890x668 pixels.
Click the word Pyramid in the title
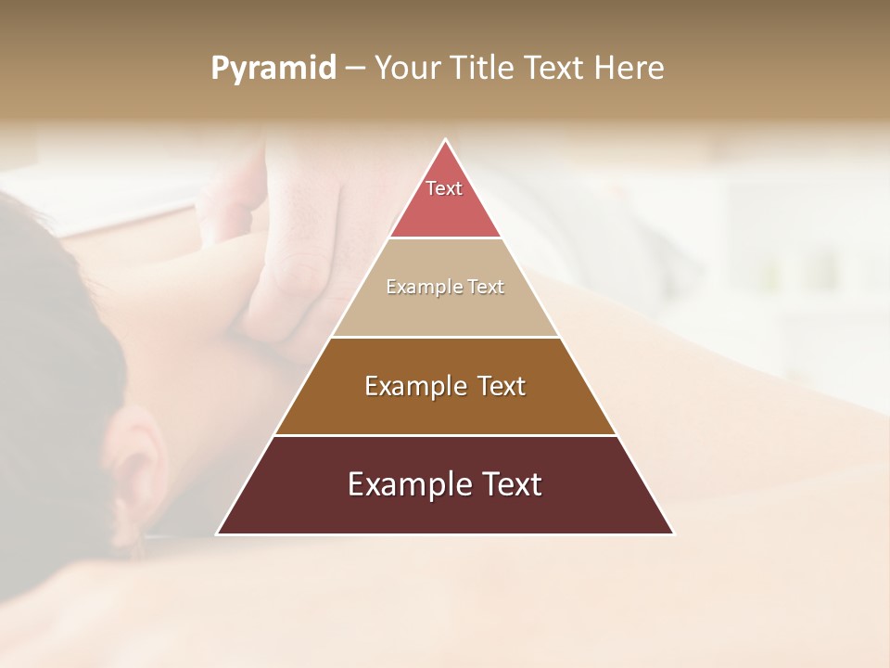(x=273, y=69)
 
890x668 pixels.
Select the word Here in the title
(x=629, y=69)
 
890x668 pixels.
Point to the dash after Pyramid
(x=354, y=69)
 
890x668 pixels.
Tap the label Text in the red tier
(x=444, y=188)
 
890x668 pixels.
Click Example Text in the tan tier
(x=445, y=287)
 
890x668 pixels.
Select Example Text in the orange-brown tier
(x=445, y=386)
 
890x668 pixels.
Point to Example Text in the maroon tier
(x=445, y=484)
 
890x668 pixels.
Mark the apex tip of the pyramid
(x=445, y=141)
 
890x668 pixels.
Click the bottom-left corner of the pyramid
(x=219, y=533)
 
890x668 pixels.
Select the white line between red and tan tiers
(x=445, y=238)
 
